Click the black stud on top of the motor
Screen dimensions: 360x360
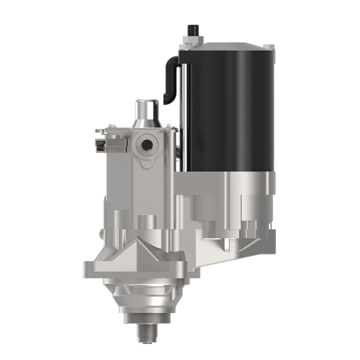(191, 30)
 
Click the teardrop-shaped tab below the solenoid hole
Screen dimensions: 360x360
(148, 162)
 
